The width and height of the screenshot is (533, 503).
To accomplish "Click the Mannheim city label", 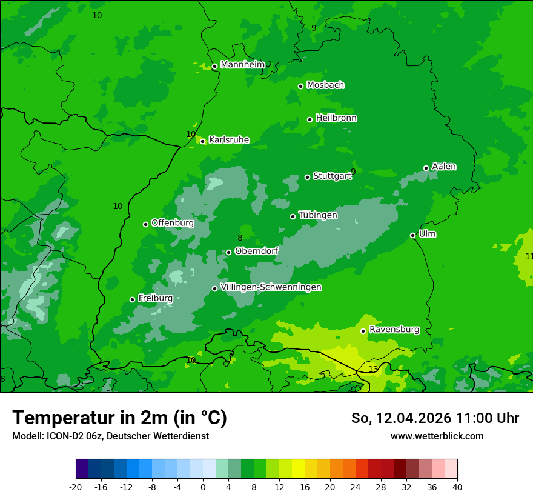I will pos(242,65).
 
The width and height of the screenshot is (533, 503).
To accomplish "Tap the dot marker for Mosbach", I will pos(300,86).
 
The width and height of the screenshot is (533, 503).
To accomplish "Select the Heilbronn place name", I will pos(336,118).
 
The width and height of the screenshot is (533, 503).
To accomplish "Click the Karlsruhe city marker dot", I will pos(202,141).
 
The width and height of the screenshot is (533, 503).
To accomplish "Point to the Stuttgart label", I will pos(332,176).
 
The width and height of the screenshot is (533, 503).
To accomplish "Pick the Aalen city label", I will pos(444,167).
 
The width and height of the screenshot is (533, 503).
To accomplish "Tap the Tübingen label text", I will pos(318,215).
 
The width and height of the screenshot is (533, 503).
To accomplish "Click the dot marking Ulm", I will pos(412,235).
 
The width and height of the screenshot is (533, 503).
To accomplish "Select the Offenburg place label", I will pos(173,223).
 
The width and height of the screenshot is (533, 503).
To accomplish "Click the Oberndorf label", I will pos(257,251).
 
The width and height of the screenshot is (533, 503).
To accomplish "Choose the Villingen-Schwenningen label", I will pos(271,287).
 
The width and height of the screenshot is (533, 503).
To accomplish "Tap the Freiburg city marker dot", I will pos(132,299).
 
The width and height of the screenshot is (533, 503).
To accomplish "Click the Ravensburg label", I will pos(394,330).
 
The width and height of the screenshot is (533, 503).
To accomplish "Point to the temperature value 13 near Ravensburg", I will pos(373,369).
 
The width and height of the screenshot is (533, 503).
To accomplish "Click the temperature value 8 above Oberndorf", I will pos(240,238).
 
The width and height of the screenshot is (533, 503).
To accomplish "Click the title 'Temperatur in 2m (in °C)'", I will pos(119,418).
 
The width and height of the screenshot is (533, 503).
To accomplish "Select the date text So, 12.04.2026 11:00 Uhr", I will pos(435,418).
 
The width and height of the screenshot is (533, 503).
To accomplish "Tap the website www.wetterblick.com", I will pos(437,436).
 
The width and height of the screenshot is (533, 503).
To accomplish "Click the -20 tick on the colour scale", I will pos(76,487).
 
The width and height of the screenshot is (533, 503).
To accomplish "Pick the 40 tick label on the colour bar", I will pos(457,487).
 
